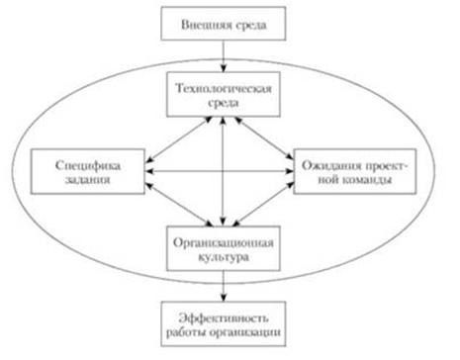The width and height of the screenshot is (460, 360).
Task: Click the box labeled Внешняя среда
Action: click(224, 24)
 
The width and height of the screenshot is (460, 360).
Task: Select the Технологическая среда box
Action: click(224, 95)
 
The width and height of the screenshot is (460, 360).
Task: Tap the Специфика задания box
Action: click(87, 171)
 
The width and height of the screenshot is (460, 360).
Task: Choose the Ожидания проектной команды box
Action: click(355, 171)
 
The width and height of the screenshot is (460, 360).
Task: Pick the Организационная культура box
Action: click(224, 248)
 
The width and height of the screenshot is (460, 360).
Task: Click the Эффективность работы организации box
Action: click(224, 323)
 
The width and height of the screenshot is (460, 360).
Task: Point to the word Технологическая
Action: click(224, 88)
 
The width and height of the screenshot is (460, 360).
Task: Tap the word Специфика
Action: click(88, 165)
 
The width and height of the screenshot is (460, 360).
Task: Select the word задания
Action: click(87, 180)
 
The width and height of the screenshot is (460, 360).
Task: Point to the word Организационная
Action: click(224, 243)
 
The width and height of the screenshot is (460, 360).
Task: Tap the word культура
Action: click(224, 257)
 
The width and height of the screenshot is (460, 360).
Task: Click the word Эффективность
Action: click(224, 317)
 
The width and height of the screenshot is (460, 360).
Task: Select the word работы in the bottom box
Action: click(186, 332)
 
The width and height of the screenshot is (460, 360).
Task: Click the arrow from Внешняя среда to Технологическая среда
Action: click(224, 56)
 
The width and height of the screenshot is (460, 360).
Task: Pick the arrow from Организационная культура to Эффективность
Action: click(224, 286)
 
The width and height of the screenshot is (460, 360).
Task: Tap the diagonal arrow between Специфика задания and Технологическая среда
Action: click(179, 139)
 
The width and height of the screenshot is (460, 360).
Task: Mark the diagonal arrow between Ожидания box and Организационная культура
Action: click(263, 204)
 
